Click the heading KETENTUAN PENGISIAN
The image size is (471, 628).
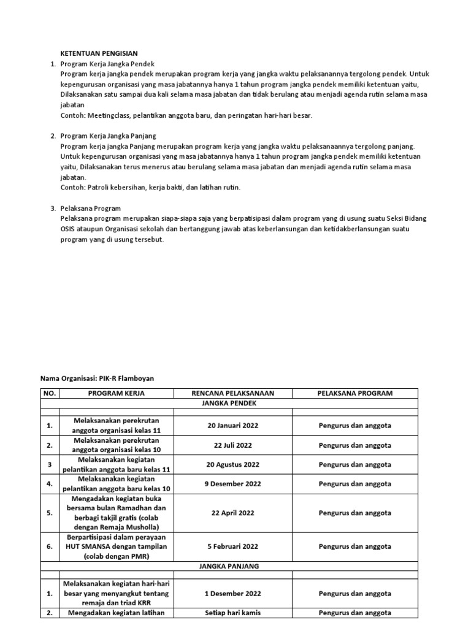pyautogui.click(x=98, y=54)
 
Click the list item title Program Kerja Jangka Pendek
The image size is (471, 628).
pyautogui.click(x=107, y=64)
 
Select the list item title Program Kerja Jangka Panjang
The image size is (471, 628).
pyautogui.click(x=109, y=136)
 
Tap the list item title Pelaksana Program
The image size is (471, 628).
pyautogui.click(x=91, y=209)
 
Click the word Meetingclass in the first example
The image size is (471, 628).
pyautogui.click(x=109, y=115)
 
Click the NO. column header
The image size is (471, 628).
pyautogui.click(x=49, y=393)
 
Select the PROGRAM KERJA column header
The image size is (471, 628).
pyautogui.click(x=116, y=393)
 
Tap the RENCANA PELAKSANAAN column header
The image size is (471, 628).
pyautogui.click(x=232, y=393)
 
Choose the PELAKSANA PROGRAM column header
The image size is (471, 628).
pyautogui.click(x=354, y=393)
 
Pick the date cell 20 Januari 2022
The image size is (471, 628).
pyautogui.click(x=232, y=425)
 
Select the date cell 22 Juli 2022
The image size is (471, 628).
pyautogui.click(x=232, y=445)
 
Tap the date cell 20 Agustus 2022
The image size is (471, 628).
pyautogui.click(x=232, y=464)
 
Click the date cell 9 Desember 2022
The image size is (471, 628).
pyautogui.click(x=232, y=483)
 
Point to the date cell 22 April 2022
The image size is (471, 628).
pyautogui.click(x=232, y=513)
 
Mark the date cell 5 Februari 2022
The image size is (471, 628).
pyautogui.click(x=232, y=546)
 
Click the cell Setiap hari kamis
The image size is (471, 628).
pyautogui.click(x=232, y=612)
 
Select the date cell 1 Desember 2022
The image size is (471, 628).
pyautogui.click(x=232, y=593)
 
